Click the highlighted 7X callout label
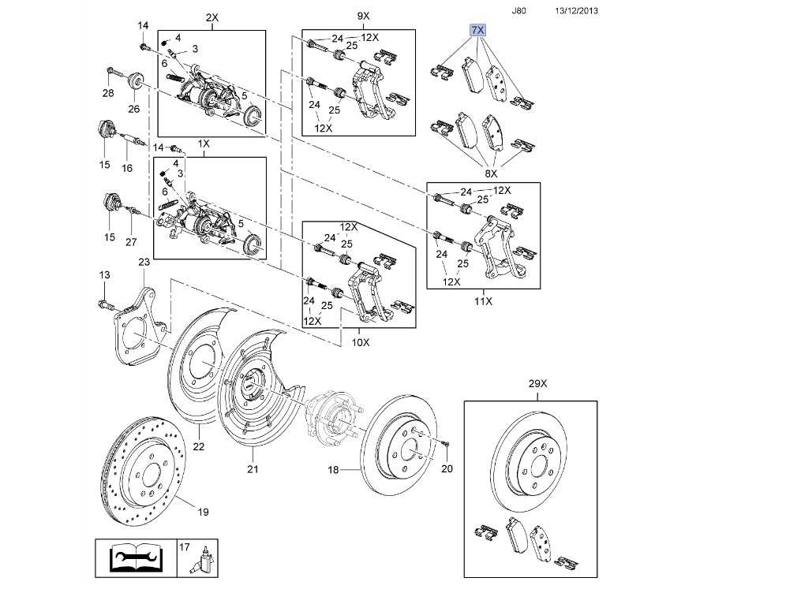tap(477, 30)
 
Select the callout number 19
tap(203, 512)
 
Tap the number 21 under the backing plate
tap(253, 469)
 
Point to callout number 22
tap(199, 445)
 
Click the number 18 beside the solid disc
tap(333, 470)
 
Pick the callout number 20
tap(447, 468)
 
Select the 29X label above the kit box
tap(537, 384)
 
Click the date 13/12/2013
tap(576, 10)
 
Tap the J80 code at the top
tap(518, 10)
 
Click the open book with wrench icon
tap(136, 558)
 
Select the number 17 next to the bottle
tap(185, 547)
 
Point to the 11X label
tap(483, 301)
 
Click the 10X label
tap(361, 342)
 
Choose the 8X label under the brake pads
tap(491, 173)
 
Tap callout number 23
tap(144, 262)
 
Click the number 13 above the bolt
tap(104, 274)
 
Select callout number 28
tap(108, 93)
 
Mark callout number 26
tap(133, 109)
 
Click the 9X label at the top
tap(364, 16)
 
